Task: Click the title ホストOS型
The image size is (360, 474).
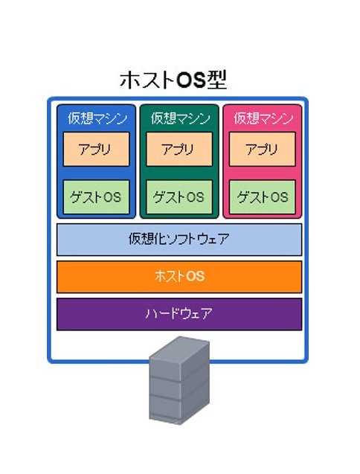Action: [x=173, y=80]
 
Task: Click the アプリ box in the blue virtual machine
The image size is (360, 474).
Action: [x=96, y=149]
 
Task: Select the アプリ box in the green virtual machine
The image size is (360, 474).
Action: [x=179, y=149]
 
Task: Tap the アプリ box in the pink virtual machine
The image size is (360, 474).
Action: [x=263, y=149]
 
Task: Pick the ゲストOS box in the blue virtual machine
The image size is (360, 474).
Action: [x=96, y=196]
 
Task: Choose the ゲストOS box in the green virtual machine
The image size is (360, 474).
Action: [x=179, y=196]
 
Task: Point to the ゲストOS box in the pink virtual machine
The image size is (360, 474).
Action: [x=263, y=196]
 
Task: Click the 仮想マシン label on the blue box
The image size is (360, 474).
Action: [x=97, y=118]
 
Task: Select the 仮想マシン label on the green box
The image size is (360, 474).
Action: [x=181, y=118]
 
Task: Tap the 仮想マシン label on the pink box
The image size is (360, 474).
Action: [x=263, y=118]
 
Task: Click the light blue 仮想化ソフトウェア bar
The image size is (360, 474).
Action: [x=179, y=240]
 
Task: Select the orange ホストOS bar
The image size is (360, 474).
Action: [x=179, y=277]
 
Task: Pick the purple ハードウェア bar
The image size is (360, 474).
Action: [x=179, y=314]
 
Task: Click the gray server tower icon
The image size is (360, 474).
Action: [x=179, y=380]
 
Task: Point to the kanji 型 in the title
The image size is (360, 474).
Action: [x=216, y=80]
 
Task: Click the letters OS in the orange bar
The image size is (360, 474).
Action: [x=195, y=277]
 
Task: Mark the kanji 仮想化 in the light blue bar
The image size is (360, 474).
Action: [x=146, y=239]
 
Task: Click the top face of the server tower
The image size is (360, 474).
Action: [x=179, y=348]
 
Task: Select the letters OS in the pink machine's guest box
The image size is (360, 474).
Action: [x=279, y=197]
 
